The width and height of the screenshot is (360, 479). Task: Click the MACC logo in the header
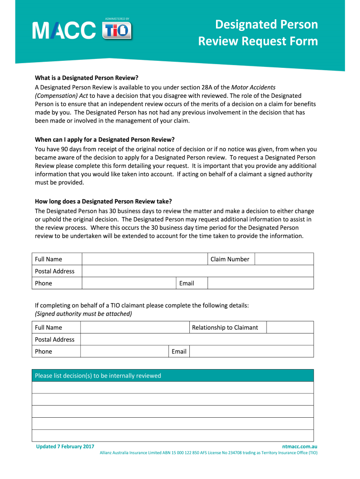64,31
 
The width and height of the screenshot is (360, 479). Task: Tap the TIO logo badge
117,32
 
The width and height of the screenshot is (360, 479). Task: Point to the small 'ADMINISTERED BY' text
117,19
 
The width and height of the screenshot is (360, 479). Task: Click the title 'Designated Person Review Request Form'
258,33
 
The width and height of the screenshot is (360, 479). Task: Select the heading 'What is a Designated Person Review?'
87,78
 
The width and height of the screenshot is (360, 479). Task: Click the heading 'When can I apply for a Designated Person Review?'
105,139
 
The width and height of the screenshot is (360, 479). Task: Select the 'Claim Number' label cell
230,259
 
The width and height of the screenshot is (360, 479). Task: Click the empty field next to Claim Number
284,259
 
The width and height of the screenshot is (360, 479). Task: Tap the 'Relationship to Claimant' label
225,327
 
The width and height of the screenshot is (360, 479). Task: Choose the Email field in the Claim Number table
260,283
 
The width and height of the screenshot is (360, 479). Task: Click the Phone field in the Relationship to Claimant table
124,351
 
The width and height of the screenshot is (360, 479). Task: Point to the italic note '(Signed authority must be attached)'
84,314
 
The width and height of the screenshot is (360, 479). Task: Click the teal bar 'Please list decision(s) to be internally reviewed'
173,376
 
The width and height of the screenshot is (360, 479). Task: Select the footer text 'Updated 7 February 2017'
65,446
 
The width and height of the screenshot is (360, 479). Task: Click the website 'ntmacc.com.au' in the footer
300,446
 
